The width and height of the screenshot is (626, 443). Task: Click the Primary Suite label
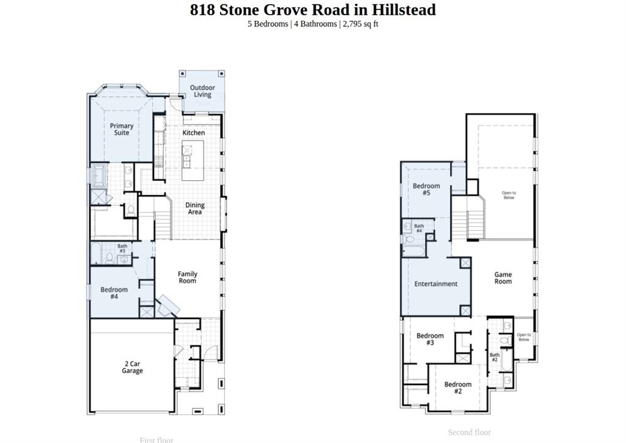[x=122, y=129]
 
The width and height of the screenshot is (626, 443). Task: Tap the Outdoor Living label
[x=202, y=91]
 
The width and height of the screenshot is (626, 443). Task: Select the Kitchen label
[x=194, y=133]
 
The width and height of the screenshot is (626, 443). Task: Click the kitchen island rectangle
[x=188, y=154]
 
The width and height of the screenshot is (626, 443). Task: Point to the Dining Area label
[x=195, y=208]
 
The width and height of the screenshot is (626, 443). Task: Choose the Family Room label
[x=188, y=277]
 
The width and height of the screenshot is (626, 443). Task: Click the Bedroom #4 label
[x=114, y=293]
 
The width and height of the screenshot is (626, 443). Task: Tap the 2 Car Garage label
[x=132, y=367]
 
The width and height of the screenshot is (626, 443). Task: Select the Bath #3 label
[x=122, y=249]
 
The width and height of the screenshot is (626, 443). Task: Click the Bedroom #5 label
[x=426, y=189]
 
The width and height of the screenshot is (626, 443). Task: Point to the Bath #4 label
[x=419, y=229]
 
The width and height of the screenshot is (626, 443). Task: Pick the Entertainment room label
[x=436, y=284]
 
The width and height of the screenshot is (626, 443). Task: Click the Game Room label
[x=503, y=278]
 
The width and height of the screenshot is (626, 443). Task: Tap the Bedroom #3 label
[x=430, y=339]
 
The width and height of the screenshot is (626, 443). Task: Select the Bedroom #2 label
[x=458, y=387]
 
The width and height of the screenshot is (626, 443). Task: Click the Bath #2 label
[x=495, y=357]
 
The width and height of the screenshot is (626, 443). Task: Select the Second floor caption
[x=469, y=432]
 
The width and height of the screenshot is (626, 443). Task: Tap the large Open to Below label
[x=509, y=195]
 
